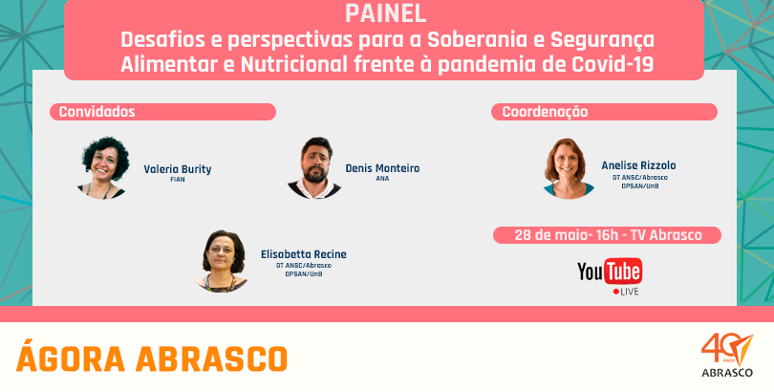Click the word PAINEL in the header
385,14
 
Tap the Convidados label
97,112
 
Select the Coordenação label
545,112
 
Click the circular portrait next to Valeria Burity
103,168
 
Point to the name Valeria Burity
177,169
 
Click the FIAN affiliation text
177,180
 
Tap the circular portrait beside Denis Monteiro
314,168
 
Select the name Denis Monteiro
382,168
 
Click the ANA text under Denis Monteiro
382,179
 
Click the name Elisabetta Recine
304,254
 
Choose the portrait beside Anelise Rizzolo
569,168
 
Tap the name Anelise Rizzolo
638,165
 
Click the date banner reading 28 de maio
607,235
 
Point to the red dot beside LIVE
616,292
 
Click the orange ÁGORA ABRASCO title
152,359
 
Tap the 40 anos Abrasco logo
727,355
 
